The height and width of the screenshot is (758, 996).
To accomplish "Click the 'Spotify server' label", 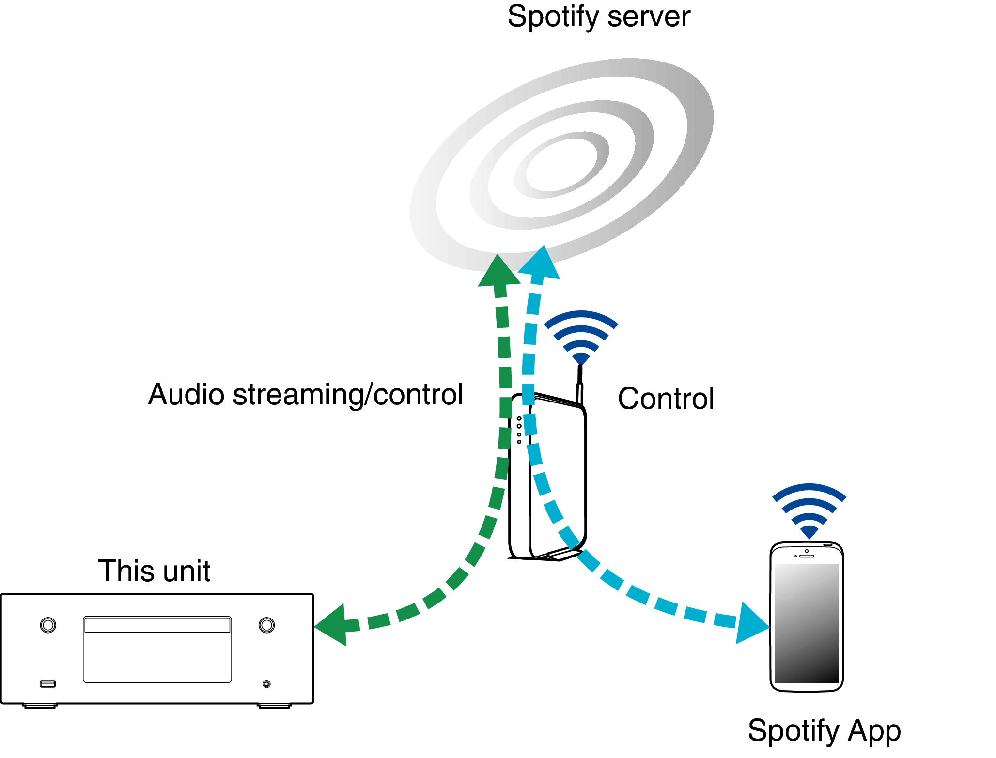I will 598,17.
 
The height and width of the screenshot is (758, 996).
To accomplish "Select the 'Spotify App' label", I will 824,730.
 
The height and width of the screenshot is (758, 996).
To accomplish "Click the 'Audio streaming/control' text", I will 306,394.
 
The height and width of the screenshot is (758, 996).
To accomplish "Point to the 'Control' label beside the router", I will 666,399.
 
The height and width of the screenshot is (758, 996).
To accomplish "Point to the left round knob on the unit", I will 48,625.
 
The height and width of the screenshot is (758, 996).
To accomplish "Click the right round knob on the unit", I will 266,625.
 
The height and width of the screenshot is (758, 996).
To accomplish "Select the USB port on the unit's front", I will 47,683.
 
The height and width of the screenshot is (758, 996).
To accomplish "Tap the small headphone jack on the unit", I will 266,683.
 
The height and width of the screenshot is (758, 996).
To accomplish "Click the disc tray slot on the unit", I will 157,625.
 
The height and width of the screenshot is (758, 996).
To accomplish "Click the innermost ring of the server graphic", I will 561,165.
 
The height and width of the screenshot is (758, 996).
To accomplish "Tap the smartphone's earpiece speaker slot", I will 807,556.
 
